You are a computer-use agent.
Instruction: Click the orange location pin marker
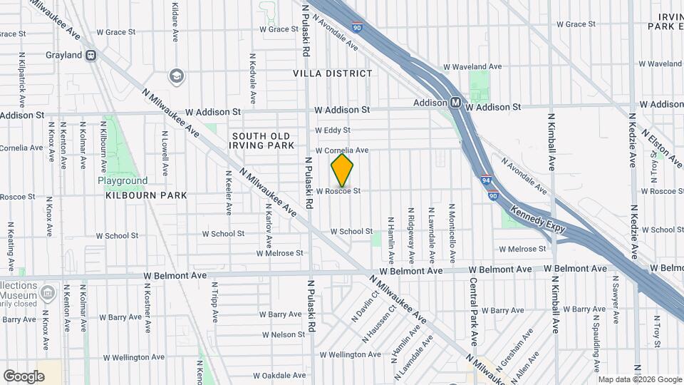coord(343,170)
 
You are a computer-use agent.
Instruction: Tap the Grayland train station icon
coord(90,54)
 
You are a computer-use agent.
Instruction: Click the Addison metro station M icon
coord(455,103)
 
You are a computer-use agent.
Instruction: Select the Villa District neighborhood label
coord(333,73)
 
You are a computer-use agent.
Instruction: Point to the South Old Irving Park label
coord(263,140)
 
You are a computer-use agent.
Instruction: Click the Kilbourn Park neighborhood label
coord(146,195)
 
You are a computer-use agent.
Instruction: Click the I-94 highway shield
coord(485,182)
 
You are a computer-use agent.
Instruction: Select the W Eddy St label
coord(333,130)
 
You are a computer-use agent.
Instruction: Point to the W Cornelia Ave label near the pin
coord(342,150)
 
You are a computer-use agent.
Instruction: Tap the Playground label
coord(123,181)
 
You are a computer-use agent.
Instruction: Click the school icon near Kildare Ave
coord(175,76)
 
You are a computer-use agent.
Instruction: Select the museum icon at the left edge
coord(48,292)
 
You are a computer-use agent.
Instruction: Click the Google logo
coord(24,376)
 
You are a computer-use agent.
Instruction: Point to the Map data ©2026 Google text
coord(639,379)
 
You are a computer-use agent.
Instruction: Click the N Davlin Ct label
coord(365,304)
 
